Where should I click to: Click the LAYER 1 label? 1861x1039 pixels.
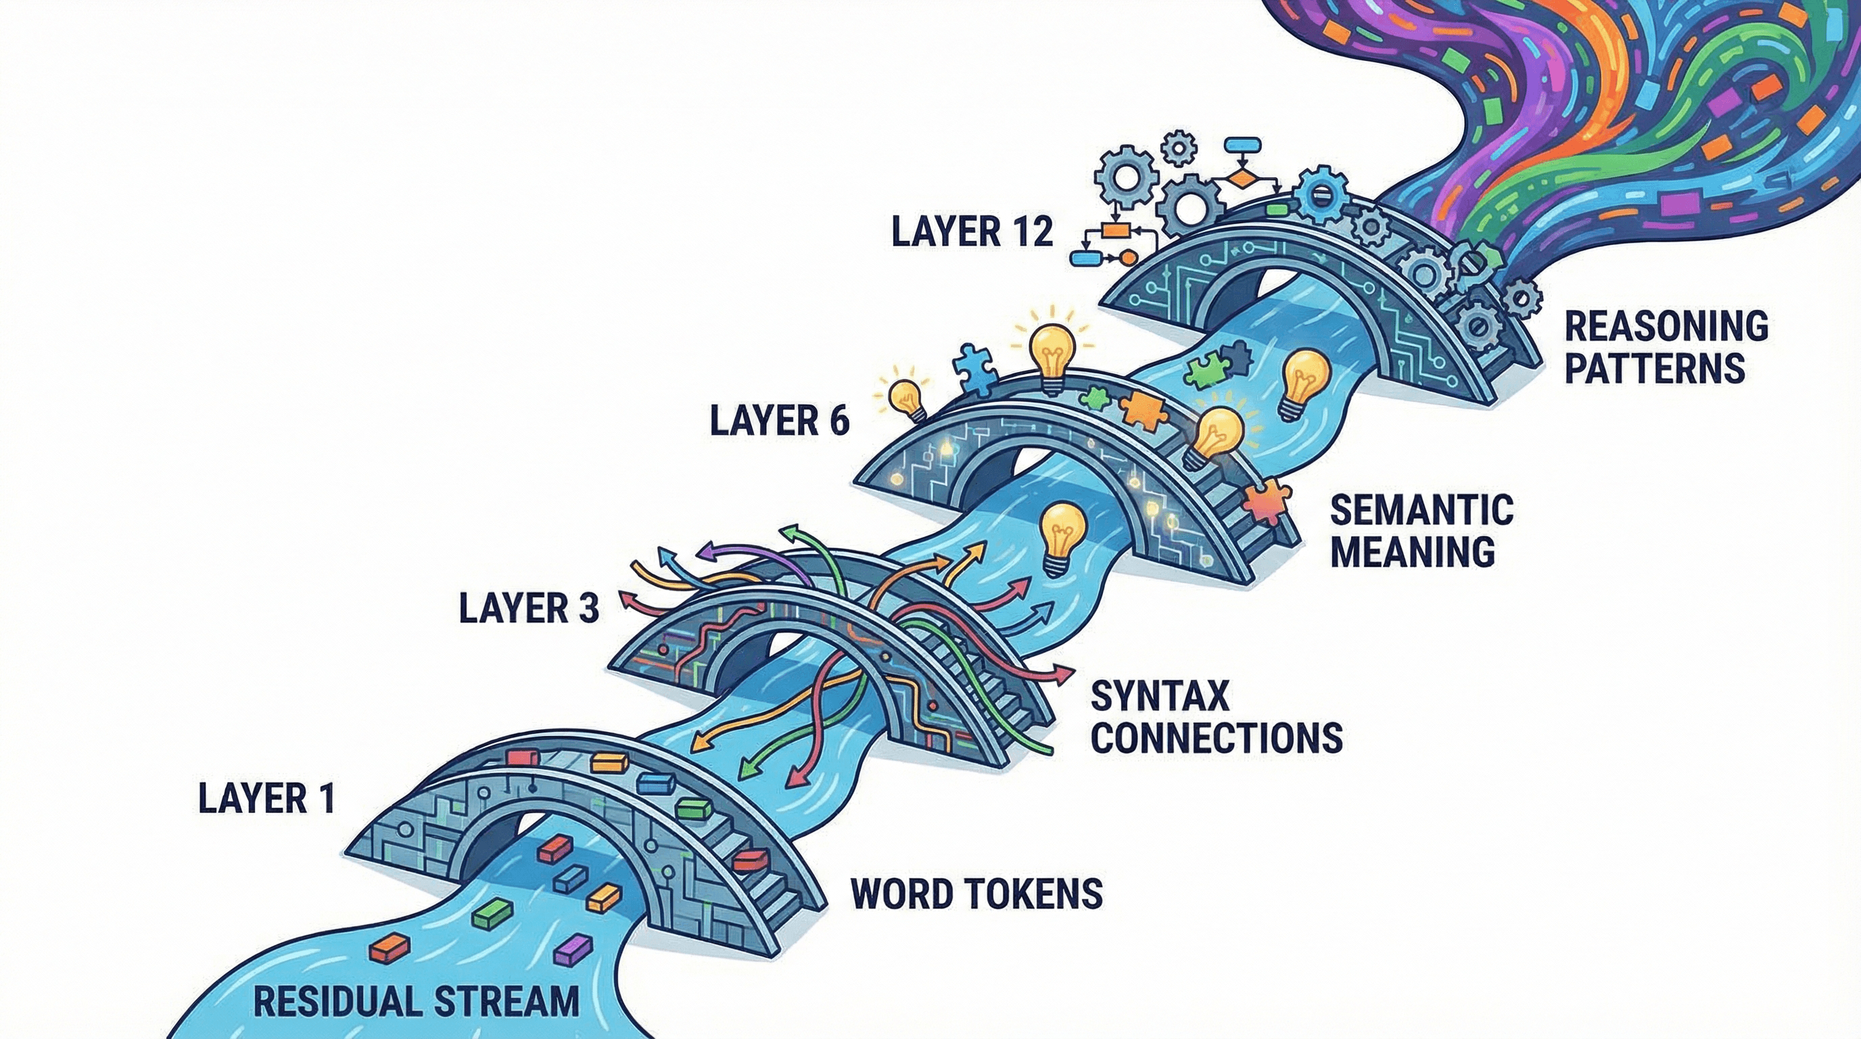[x=266, y=799]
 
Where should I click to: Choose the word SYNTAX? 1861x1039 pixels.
[x=1160, y=697]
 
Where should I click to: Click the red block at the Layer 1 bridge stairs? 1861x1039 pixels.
[x=751, y=860]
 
